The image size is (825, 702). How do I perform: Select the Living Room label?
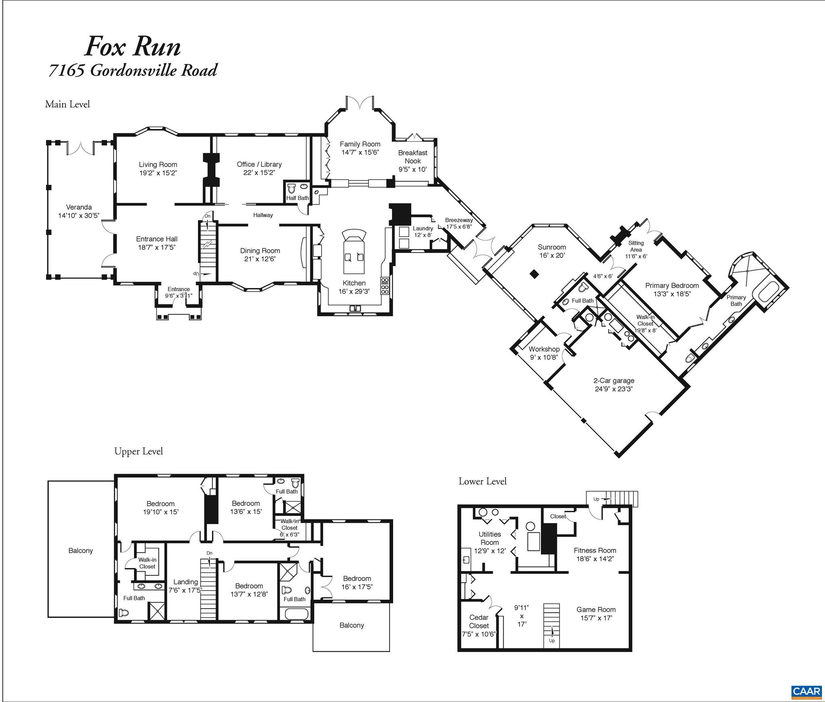(x=158, y=164)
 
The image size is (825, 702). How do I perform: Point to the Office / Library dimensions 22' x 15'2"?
(x=259, y=173)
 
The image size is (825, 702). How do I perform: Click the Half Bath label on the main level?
(x=297, y=198)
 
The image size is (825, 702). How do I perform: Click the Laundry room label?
(x=423, y=228)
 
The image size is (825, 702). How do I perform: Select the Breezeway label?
(x=459, y=220)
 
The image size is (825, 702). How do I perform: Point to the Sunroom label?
(x=551, y=247)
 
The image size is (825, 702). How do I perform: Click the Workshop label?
(x=544, y=349)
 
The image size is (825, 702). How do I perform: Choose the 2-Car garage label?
(x=614, y=380)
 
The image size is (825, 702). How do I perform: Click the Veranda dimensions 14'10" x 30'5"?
(x=79, y=215)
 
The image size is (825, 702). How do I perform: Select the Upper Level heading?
(x=139, y=451)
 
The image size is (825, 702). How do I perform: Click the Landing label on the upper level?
(x=185, y=582)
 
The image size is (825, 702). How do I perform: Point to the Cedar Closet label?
(x=479, y=621)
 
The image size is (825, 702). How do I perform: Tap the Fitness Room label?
(x=595, y=550)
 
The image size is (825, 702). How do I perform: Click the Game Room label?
(x=595, y=609)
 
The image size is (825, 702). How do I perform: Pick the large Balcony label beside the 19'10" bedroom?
(x=81, y=551)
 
